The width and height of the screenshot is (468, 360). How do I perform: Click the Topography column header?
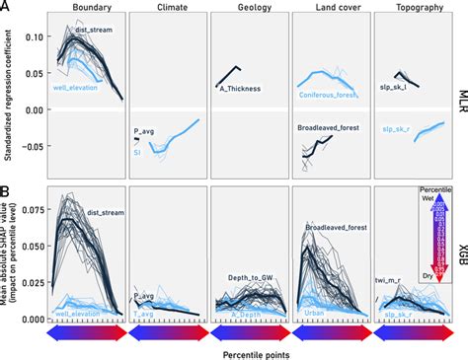click(415, 8)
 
